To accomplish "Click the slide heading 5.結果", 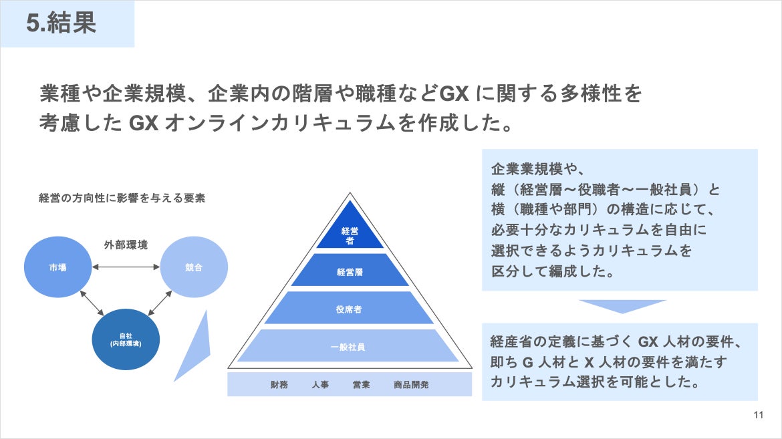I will (x=61, y=23).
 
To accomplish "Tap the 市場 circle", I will (x=57, y=267).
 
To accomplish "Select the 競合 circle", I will (x=194, y=267).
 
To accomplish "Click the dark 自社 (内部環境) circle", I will (x=126, y=339).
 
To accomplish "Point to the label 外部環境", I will (x=126, y=245).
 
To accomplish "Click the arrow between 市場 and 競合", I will (x=126, y=267).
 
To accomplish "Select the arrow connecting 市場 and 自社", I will (x=92, y=303).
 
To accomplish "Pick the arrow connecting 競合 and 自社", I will (x=160, y=303).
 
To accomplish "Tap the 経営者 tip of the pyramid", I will (x=350, y=235).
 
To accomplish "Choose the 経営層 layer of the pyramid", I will (x=350, y=271).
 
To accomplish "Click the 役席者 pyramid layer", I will (x=350, y=309).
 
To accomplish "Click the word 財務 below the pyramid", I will (x=279, y=385).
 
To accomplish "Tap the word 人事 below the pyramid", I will (x=320, y=385).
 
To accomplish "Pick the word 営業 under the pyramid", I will (x=362, y=385).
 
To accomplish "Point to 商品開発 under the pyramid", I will (x=412, y=385).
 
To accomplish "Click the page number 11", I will (x=758, y=415).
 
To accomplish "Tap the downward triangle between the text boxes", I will (x=622, y=305).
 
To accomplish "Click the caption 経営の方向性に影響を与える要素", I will (x=122, y=198).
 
